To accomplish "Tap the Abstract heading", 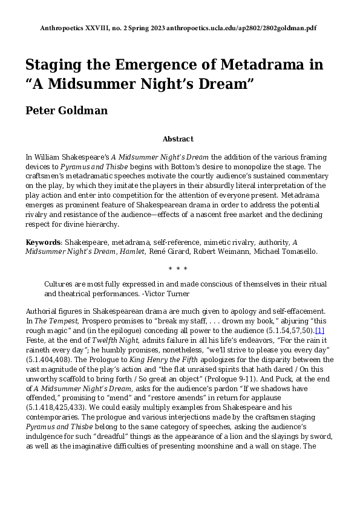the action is click(x=178, y=139).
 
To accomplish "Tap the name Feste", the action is click(x=36, y=341).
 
